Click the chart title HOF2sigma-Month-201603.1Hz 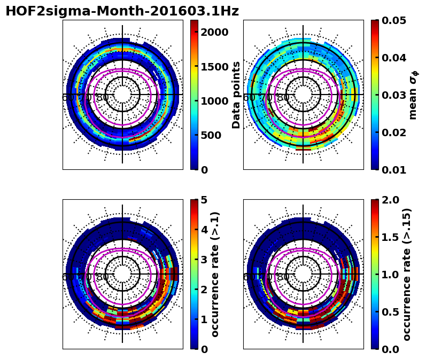click(x=122, y=11)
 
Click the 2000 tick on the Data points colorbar click(x=215, y=32)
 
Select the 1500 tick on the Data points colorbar click(x=215, y=66)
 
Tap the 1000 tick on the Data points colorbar click(x=215, y=101)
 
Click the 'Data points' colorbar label click(x=236, y=95)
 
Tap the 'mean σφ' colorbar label click(x=413, y=95)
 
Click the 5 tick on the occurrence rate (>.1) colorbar click(x=204, y=200)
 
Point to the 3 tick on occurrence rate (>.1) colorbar click(x=204, y=259)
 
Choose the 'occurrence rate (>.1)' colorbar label click(x=215, y=274)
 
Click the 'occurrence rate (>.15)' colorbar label click(x=407, y=274)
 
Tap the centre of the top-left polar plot click(x=122, y=95)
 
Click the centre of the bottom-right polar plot click(x=303, y=274)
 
